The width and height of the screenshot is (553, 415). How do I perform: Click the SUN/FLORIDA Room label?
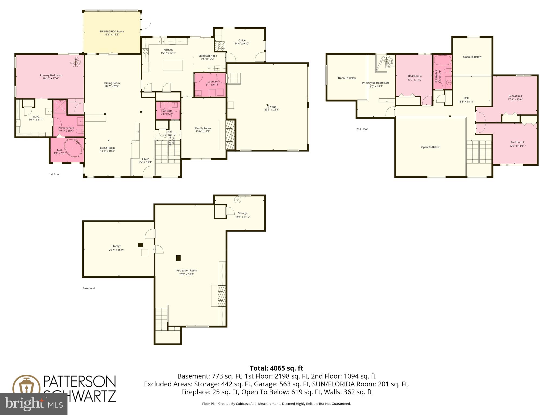(112, 32)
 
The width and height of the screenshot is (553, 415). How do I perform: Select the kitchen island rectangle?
(173, 65)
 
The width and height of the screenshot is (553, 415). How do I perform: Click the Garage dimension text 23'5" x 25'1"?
(272, 110)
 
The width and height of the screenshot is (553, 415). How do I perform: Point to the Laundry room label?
(213, 82)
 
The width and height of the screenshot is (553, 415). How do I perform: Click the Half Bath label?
(167, 111)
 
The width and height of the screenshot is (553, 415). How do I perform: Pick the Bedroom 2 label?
(517, 142)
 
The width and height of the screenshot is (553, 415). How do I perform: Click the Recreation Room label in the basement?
(187, 270)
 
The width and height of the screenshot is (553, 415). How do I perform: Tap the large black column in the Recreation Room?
(178, 258)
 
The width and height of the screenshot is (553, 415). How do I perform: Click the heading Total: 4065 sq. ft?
(276, 368)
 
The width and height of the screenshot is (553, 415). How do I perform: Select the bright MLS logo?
(33, 403)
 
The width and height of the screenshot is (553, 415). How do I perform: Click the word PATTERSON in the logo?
(80, 382)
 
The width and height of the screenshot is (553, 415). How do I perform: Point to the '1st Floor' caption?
(54, 174)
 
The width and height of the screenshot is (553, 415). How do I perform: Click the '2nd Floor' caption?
(362, 129)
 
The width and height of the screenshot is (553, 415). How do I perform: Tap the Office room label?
(242, 41)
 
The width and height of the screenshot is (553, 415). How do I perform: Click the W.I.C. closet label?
(36, 116)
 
